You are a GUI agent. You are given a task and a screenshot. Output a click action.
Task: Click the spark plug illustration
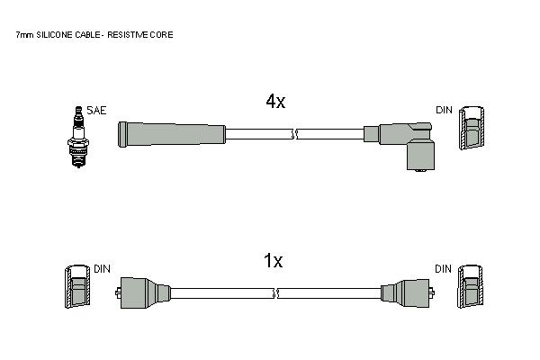coord(78,137)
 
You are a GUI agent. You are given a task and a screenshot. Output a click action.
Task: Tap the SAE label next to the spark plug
coord(96,110)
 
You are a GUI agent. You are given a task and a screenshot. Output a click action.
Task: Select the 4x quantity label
coord(275,102)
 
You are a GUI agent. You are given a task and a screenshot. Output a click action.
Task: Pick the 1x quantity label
coord(273,260)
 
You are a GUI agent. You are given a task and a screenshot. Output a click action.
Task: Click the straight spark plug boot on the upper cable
coord(172,134)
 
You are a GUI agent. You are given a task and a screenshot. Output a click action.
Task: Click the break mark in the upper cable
coord(295,134)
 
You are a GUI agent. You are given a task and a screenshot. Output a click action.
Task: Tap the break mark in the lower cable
coord(275,293)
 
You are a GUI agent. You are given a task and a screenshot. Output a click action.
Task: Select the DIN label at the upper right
coord(444,110)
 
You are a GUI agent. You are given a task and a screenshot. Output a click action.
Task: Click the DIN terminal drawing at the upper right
coord(472,128)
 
